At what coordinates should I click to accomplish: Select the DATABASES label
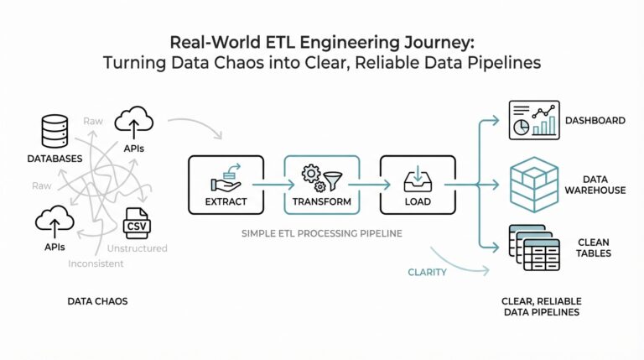pos(54,158)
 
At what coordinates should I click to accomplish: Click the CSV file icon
pos(136,224)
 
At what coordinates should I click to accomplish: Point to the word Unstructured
pos(138,248)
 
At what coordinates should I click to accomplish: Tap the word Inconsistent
pos(96,263)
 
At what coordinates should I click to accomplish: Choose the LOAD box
pos(417,184)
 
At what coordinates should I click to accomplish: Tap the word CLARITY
pos(427,273)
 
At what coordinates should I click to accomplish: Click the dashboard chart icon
pos(534,120)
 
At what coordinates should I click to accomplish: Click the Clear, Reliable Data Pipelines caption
pos(542,306)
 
